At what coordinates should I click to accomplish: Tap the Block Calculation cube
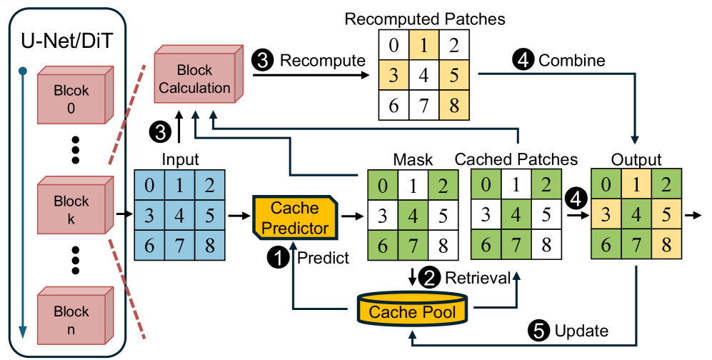click(x=194, y=79)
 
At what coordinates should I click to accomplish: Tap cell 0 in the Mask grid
click(x=383, y=188)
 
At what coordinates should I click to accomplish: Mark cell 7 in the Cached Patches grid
click(x=516, y=244)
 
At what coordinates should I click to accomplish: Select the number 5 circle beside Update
click(x=538, y=330)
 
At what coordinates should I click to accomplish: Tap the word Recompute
click(x=322, y=61)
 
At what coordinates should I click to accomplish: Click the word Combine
click(x=571, y=61)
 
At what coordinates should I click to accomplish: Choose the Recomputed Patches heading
click(x=424, y=18)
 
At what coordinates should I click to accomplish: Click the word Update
click(x=581, y=330)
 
